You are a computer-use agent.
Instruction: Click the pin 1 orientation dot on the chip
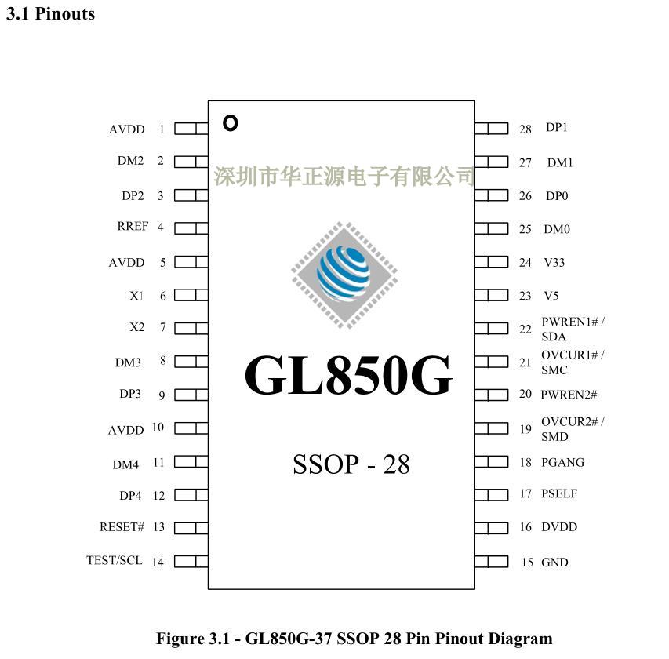230,123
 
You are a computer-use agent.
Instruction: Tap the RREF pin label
133,227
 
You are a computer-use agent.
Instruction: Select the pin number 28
525,129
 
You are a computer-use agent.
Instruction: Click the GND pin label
554,562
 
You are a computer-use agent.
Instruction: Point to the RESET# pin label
122,526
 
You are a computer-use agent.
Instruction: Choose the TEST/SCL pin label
115,560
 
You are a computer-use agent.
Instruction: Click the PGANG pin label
562,462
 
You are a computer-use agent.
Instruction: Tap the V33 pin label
554,262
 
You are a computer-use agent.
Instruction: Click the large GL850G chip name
349,375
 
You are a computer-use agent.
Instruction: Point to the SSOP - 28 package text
351,464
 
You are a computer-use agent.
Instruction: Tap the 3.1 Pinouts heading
50,14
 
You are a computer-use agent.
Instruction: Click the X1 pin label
136,296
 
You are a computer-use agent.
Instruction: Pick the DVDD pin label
559,526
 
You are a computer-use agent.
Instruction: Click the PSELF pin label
559,493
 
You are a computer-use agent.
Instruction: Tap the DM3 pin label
128,362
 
